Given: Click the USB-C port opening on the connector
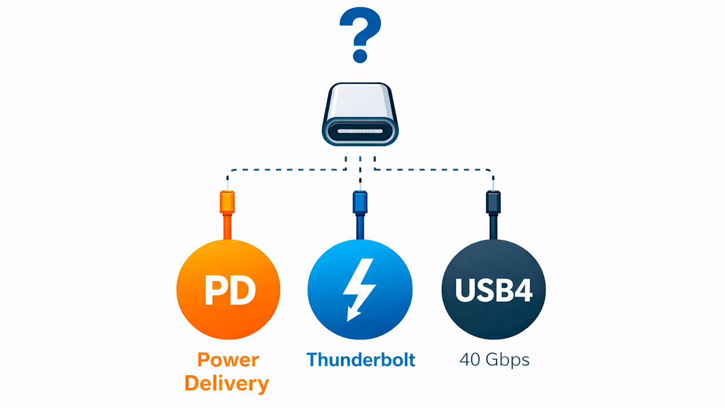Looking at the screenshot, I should pos(360,132).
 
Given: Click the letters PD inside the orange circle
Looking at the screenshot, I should pos(230,290).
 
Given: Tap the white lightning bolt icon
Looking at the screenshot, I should pos(360,287).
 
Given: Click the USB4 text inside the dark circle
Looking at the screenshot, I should pos(493,290).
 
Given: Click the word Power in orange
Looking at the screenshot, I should pos(228,360).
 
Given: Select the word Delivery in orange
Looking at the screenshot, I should pos(227,384).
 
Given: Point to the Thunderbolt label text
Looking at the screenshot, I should pos(361,360).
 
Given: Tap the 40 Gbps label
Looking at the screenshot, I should pos(494,360).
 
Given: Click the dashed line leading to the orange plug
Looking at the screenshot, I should pos(284,170).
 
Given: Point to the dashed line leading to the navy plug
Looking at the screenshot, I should pos(434,170).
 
